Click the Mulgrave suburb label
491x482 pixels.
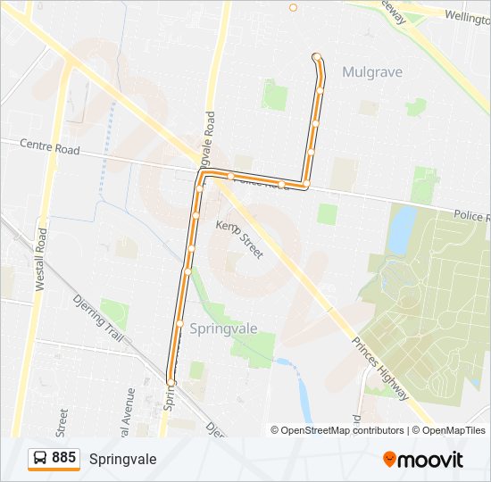[372, 72]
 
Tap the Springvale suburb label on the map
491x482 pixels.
[223, 328]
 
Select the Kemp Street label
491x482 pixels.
[240, 240]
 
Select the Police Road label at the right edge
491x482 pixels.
[470, 216]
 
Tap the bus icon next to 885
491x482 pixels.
[40, 458]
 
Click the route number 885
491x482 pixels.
[63, 458]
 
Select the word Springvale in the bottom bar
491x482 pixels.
[122, 459]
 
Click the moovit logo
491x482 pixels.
[423, 460]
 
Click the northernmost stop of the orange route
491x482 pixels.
[316, 57]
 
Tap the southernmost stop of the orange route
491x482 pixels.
[171, 383]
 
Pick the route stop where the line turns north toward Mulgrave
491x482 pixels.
[305, 185]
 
